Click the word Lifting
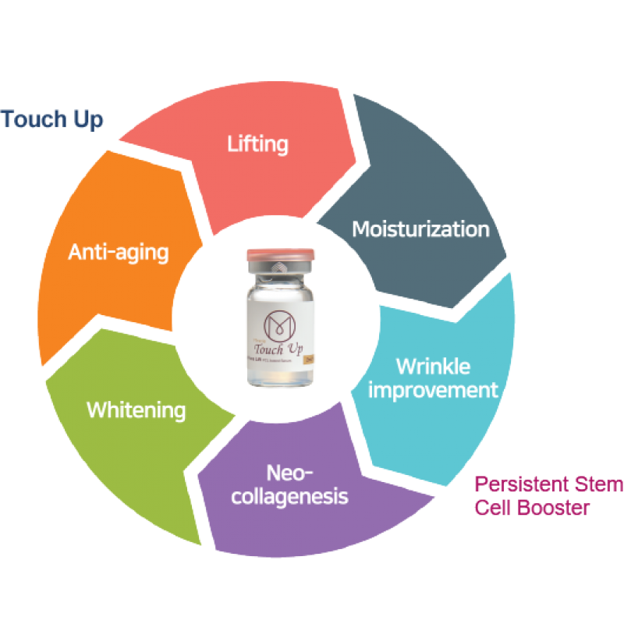(x=257, y=144)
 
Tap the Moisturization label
(x=420, y=229)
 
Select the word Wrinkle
(x=432, y=367)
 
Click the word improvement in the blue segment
(x=432, y=389)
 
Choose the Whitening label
(x=136, y=409)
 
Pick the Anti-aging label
(x=119, y=252)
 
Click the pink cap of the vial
(x=280, y=256)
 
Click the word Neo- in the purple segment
(x=289, y=473)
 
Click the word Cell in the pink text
(x=495, y=508)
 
